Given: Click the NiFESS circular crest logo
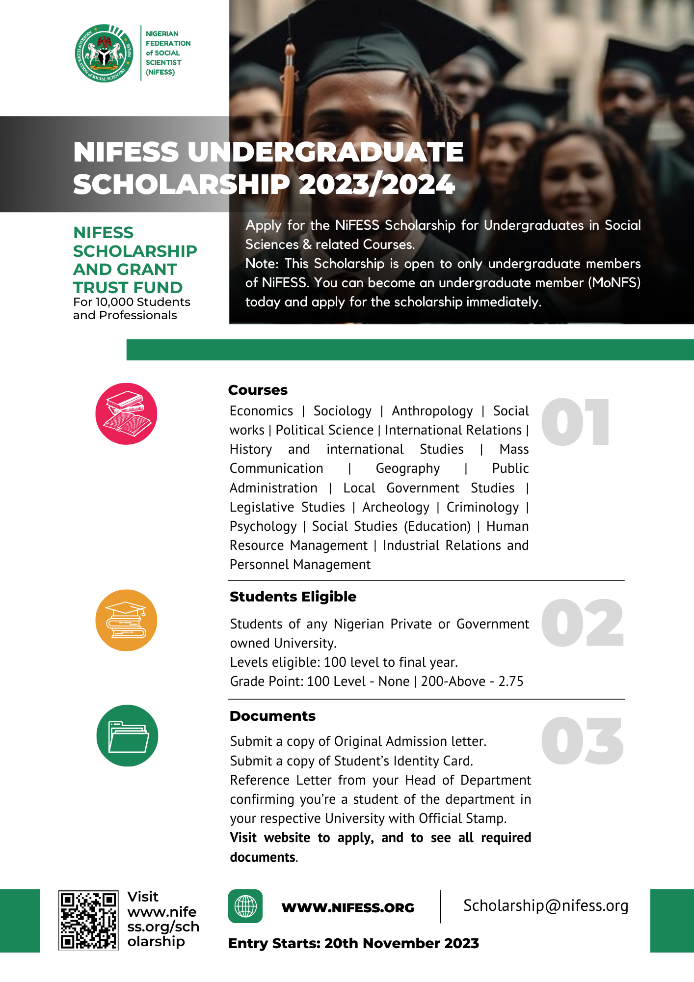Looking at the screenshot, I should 104,53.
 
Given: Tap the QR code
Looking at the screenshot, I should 88,920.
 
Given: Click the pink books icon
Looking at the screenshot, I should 126,414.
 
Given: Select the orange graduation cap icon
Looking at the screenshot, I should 126,620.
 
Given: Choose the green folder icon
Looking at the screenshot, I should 127,736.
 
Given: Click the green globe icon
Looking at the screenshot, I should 245,906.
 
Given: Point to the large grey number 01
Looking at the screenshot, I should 575,423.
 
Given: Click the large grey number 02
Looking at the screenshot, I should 582,624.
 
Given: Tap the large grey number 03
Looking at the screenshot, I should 582,741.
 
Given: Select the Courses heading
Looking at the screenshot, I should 258,390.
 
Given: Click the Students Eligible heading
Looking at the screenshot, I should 293,597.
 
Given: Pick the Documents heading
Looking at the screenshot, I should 272,716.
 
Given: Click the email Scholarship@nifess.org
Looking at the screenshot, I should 546,905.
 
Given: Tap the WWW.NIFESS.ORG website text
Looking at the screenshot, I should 347,908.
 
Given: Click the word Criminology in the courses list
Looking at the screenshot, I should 482,507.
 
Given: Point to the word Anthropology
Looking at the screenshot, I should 432,411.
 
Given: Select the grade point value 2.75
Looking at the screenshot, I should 511,682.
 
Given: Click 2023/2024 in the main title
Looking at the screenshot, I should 376,185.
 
